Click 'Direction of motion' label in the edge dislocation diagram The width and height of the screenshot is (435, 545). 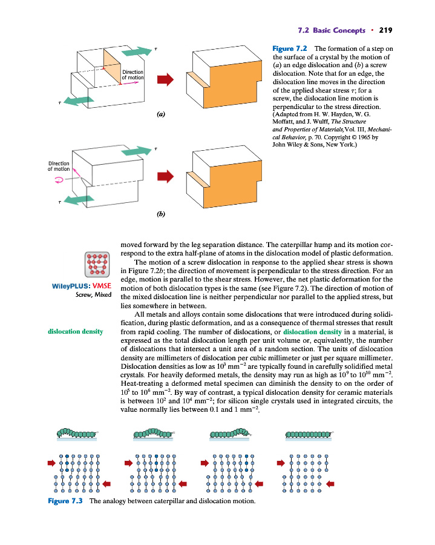[x=132, y=75]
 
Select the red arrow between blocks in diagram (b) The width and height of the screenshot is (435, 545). [x=165, y=176]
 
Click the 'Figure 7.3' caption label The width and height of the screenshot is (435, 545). [x=66, y=501]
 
